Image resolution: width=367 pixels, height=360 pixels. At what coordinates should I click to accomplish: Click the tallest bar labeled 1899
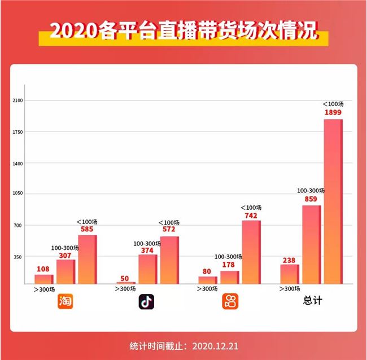tap(333, 200)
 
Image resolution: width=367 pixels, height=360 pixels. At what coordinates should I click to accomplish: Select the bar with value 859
tap(311, 244)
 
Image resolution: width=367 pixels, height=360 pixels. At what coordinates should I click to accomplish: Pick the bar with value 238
tap(290, 273)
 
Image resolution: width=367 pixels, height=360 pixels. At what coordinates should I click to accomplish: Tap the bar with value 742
tap(251, 251)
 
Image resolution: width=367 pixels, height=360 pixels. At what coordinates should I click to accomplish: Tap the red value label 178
tap(229, 265)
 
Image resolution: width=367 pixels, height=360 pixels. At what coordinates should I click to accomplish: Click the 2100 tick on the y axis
tap(18, 100)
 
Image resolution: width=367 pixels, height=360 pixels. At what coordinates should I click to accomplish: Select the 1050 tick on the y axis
tap(18, 194)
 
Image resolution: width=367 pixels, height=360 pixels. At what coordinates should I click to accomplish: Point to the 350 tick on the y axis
tap(19, 257)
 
